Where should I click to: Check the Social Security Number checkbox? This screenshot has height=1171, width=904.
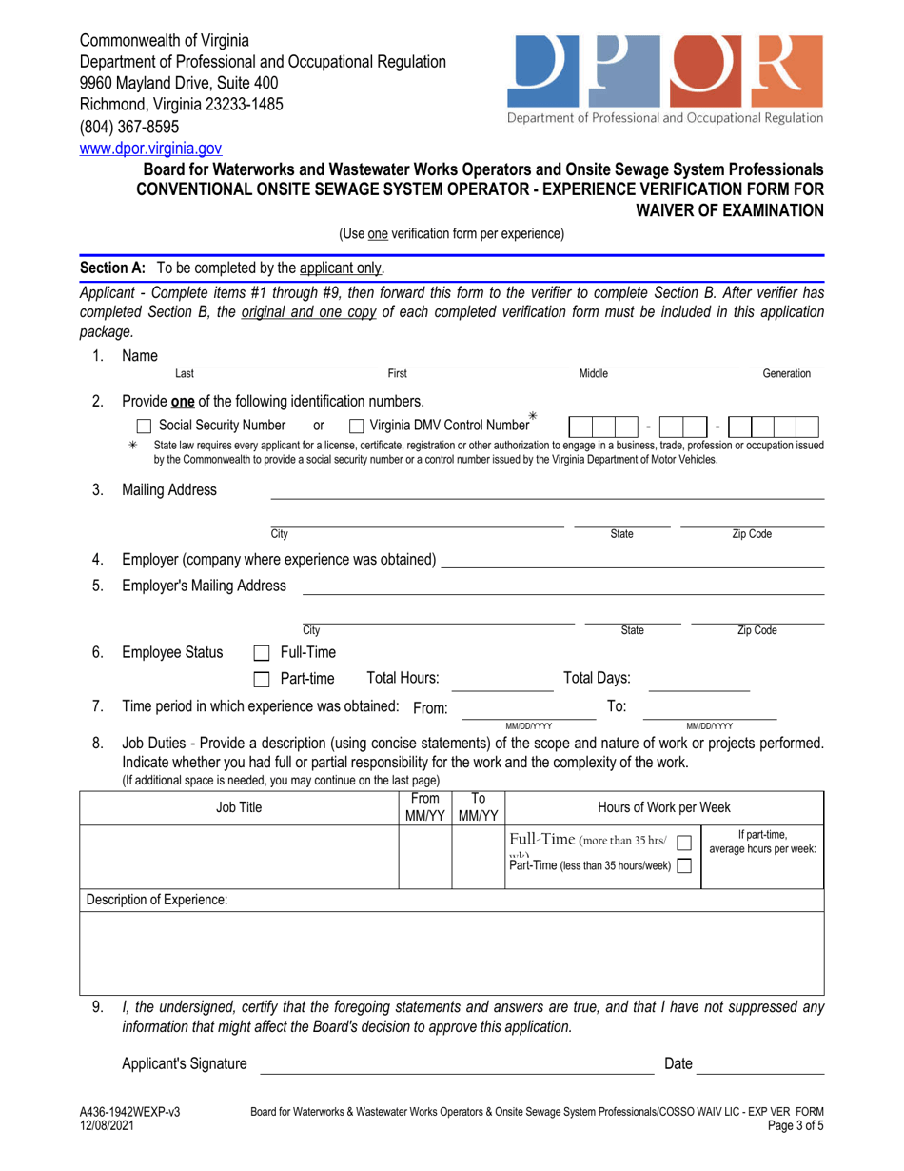pos(145,425)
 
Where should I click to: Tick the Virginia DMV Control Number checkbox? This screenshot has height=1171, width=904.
pos(357,425)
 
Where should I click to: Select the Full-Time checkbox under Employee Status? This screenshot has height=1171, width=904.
pos(262,653)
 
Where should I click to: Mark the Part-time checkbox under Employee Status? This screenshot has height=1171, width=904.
pos(262,679)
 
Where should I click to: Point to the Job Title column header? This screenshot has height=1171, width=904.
pos(238,808)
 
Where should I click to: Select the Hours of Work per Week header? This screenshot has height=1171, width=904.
pos(664,808)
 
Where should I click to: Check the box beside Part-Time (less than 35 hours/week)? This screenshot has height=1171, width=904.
pos(681,865)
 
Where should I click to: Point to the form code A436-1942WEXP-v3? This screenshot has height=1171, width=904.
pos(129,1112)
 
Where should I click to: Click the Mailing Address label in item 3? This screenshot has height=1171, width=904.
pos(169,490)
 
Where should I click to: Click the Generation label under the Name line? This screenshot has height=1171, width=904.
pos(786,375)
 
